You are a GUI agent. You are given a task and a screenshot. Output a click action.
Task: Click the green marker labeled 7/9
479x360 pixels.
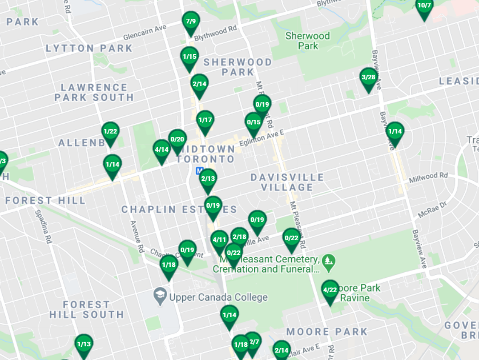191,22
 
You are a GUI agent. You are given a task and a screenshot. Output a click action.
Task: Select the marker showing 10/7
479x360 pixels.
424,6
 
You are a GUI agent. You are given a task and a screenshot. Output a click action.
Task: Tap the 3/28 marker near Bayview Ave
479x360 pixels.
369,78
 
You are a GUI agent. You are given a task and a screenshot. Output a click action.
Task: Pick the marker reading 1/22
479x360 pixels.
110,132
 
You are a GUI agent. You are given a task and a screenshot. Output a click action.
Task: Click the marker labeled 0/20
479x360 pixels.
178,139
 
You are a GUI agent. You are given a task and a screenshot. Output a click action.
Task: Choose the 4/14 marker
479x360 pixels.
162,150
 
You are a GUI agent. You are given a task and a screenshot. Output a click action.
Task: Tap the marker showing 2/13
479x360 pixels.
208,179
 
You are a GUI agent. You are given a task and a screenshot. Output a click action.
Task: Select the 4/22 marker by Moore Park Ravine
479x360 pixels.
330,290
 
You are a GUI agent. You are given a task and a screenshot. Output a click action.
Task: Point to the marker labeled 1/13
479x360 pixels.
84,344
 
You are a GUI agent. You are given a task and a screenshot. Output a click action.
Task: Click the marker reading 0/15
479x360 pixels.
253,123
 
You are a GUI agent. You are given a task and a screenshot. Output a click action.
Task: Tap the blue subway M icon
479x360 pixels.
199,171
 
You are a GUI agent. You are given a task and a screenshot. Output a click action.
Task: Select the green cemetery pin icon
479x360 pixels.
328,263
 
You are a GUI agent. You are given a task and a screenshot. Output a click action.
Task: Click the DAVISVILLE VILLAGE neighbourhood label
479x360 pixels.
287,183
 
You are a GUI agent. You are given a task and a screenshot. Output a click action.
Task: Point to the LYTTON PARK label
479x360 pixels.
89,48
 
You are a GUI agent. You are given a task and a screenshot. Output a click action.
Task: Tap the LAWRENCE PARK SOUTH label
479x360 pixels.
94,92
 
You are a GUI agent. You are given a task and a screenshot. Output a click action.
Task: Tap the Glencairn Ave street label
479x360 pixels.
144,29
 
